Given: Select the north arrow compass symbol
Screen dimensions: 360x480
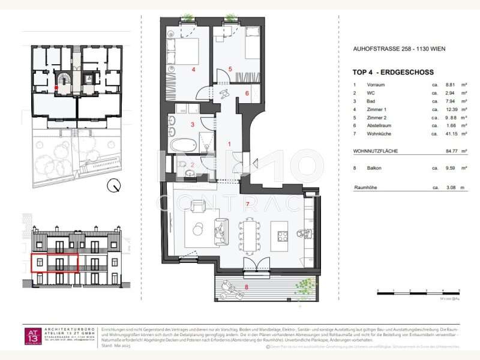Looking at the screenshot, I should pos(112,187).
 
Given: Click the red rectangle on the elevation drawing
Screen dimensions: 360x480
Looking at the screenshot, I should pos(54,262).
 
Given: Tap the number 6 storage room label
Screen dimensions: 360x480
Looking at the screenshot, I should pos(247,93).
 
